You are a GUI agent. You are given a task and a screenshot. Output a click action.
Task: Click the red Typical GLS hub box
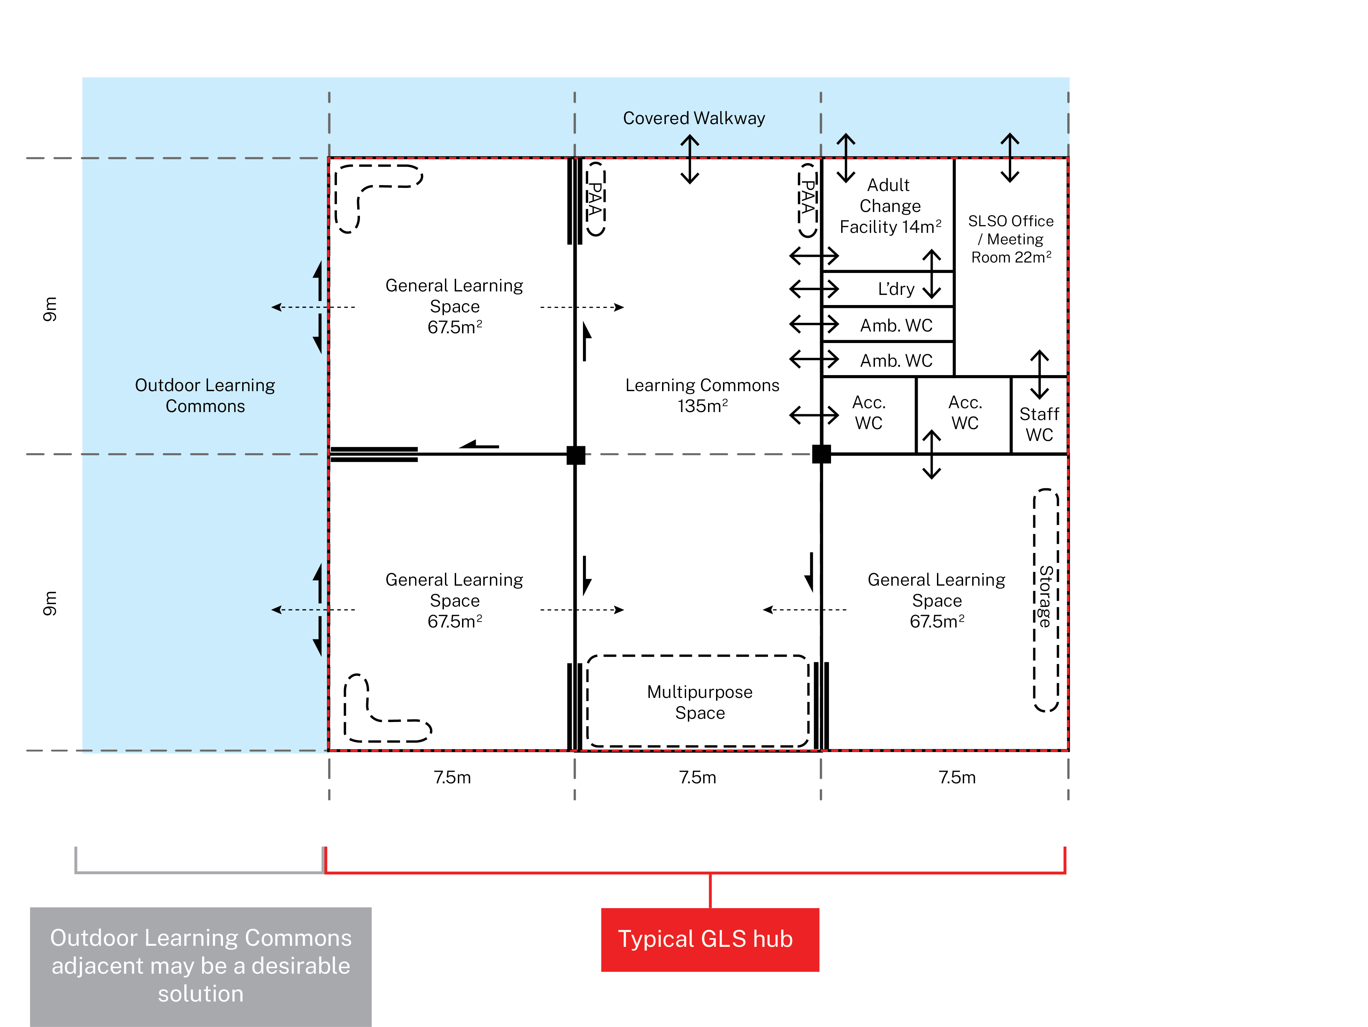pos(710,939)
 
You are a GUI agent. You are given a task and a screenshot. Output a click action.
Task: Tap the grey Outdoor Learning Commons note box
pos(201,966)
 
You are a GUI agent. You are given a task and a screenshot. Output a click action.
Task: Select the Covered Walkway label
pos(694,118)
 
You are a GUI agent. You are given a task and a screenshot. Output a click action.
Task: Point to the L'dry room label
pos(896,289)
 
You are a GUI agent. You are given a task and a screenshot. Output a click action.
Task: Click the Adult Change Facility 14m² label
pos(890,206)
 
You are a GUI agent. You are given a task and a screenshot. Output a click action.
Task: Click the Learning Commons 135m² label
pos(702,395)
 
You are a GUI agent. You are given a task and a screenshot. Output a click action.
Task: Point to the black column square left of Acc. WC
pos(821,454)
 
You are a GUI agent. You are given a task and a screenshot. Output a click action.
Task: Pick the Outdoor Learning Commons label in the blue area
pos(205,395)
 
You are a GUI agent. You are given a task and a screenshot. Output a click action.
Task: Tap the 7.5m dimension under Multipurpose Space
pos(698,777)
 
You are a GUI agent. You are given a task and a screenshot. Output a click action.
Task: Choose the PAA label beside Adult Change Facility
pos(807,200)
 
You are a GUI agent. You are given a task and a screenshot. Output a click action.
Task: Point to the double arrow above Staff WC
pos(1040,374)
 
